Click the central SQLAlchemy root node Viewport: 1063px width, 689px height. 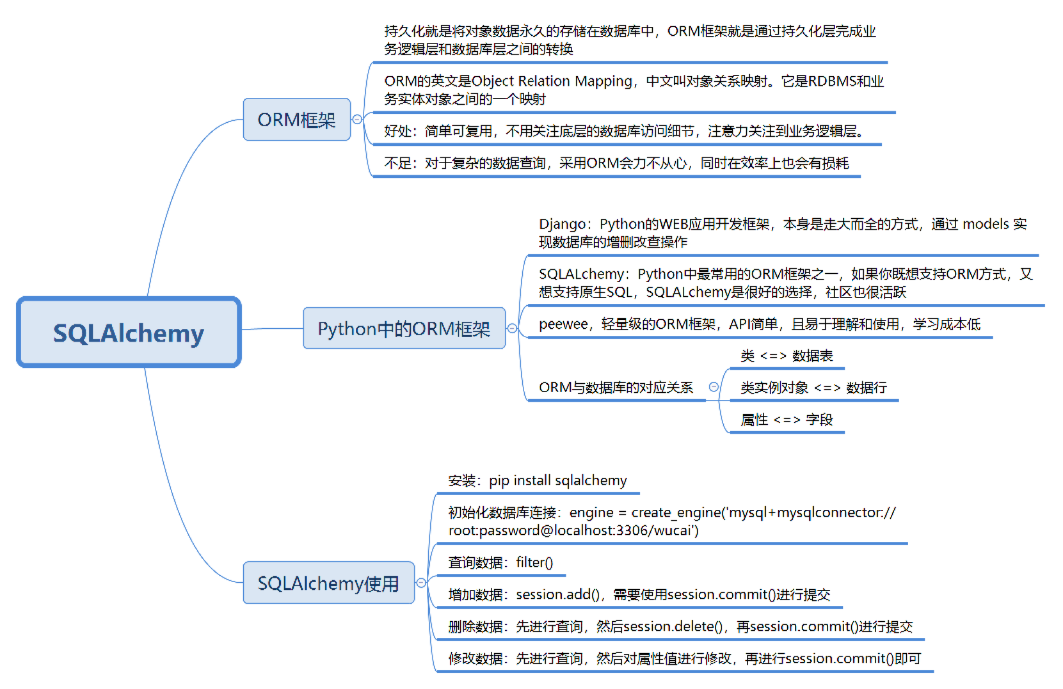129,333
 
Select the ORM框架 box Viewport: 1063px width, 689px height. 296,120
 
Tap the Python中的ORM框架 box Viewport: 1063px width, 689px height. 404,328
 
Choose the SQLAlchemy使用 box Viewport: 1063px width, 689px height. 328,583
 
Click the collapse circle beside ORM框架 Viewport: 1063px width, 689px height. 358,120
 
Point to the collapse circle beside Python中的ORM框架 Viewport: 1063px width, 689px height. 512,328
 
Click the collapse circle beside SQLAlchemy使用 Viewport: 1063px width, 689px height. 421,583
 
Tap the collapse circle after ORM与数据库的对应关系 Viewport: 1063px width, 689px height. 714,387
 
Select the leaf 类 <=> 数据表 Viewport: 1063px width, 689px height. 787,356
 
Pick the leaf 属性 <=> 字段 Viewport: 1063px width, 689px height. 787,420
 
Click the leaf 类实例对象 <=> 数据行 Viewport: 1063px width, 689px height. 813,388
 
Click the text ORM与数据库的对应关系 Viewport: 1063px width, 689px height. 616,388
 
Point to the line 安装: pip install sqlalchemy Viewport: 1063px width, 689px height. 538,480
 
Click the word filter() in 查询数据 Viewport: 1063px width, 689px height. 534,562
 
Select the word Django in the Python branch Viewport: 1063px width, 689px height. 562,224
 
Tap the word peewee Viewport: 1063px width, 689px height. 563,324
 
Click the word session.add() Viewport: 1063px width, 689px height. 557,594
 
